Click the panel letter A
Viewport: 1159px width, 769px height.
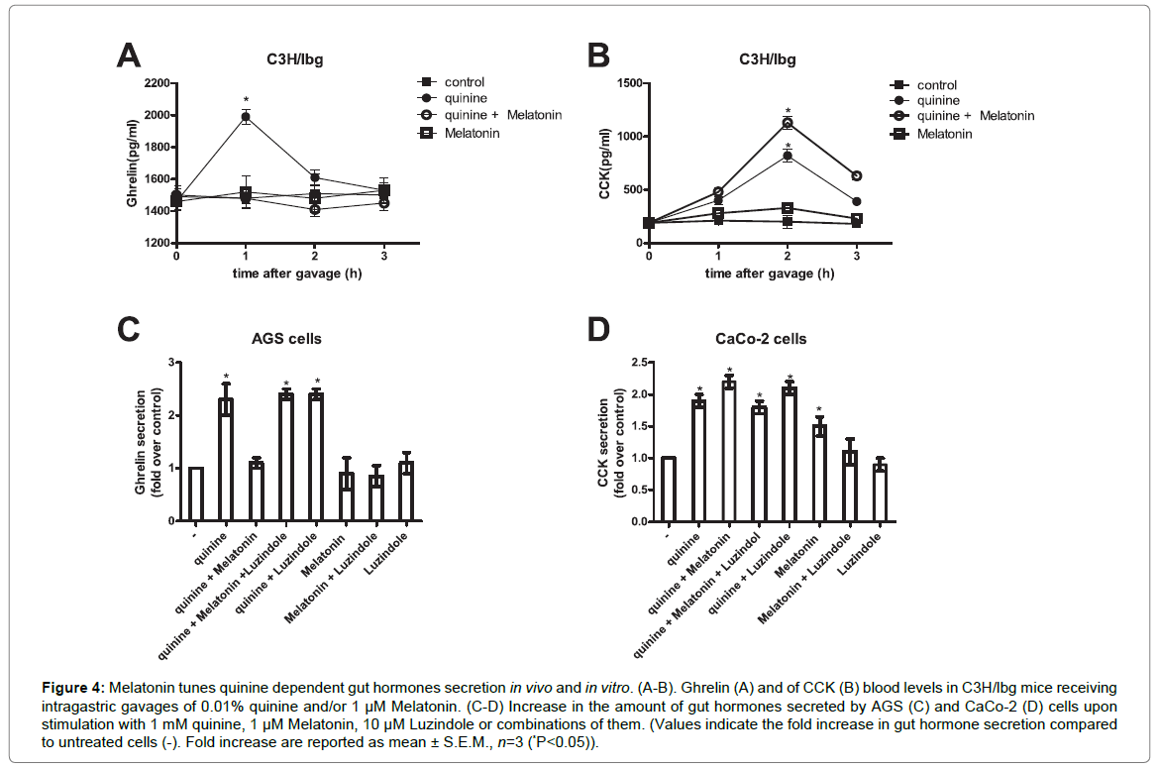coord(128,56)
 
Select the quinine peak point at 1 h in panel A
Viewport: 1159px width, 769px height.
coord(246,117)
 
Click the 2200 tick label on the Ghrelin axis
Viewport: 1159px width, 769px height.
coord(155,83)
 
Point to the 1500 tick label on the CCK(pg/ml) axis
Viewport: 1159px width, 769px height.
coord(624,83)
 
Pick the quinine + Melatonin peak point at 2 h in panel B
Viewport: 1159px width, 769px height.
coord(789,123)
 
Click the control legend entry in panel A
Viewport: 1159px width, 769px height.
coord(464,81)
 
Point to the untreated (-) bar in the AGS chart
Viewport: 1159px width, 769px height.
coord(196,494)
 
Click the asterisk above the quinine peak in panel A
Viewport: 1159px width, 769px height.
coord(246,100)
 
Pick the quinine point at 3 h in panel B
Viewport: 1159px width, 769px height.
coord(856,201)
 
